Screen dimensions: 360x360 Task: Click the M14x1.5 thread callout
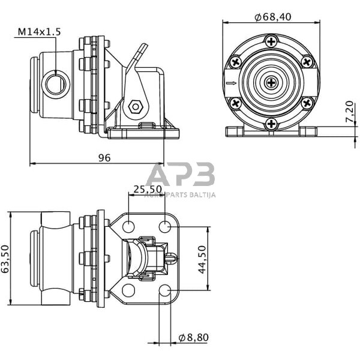[x=39, y=32]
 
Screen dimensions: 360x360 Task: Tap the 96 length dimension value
[x=104, y=158]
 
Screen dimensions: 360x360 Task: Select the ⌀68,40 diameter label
[x=273, y=17]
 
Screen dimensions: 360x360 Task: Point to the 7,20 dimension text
[x=349, y=112]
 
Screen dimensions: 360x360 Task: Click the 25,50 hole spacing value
[x=148, y=189]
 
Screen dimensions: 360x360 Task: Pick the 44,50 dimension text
[x=202, y=259]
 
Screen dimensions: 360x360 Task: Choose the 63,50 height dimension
[x=5, y=259]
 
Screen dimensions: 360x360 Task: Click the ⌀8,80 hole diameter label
[x=193, y=337]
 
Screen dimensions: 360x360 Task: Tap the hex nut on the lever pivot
[x=136, y=107]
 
